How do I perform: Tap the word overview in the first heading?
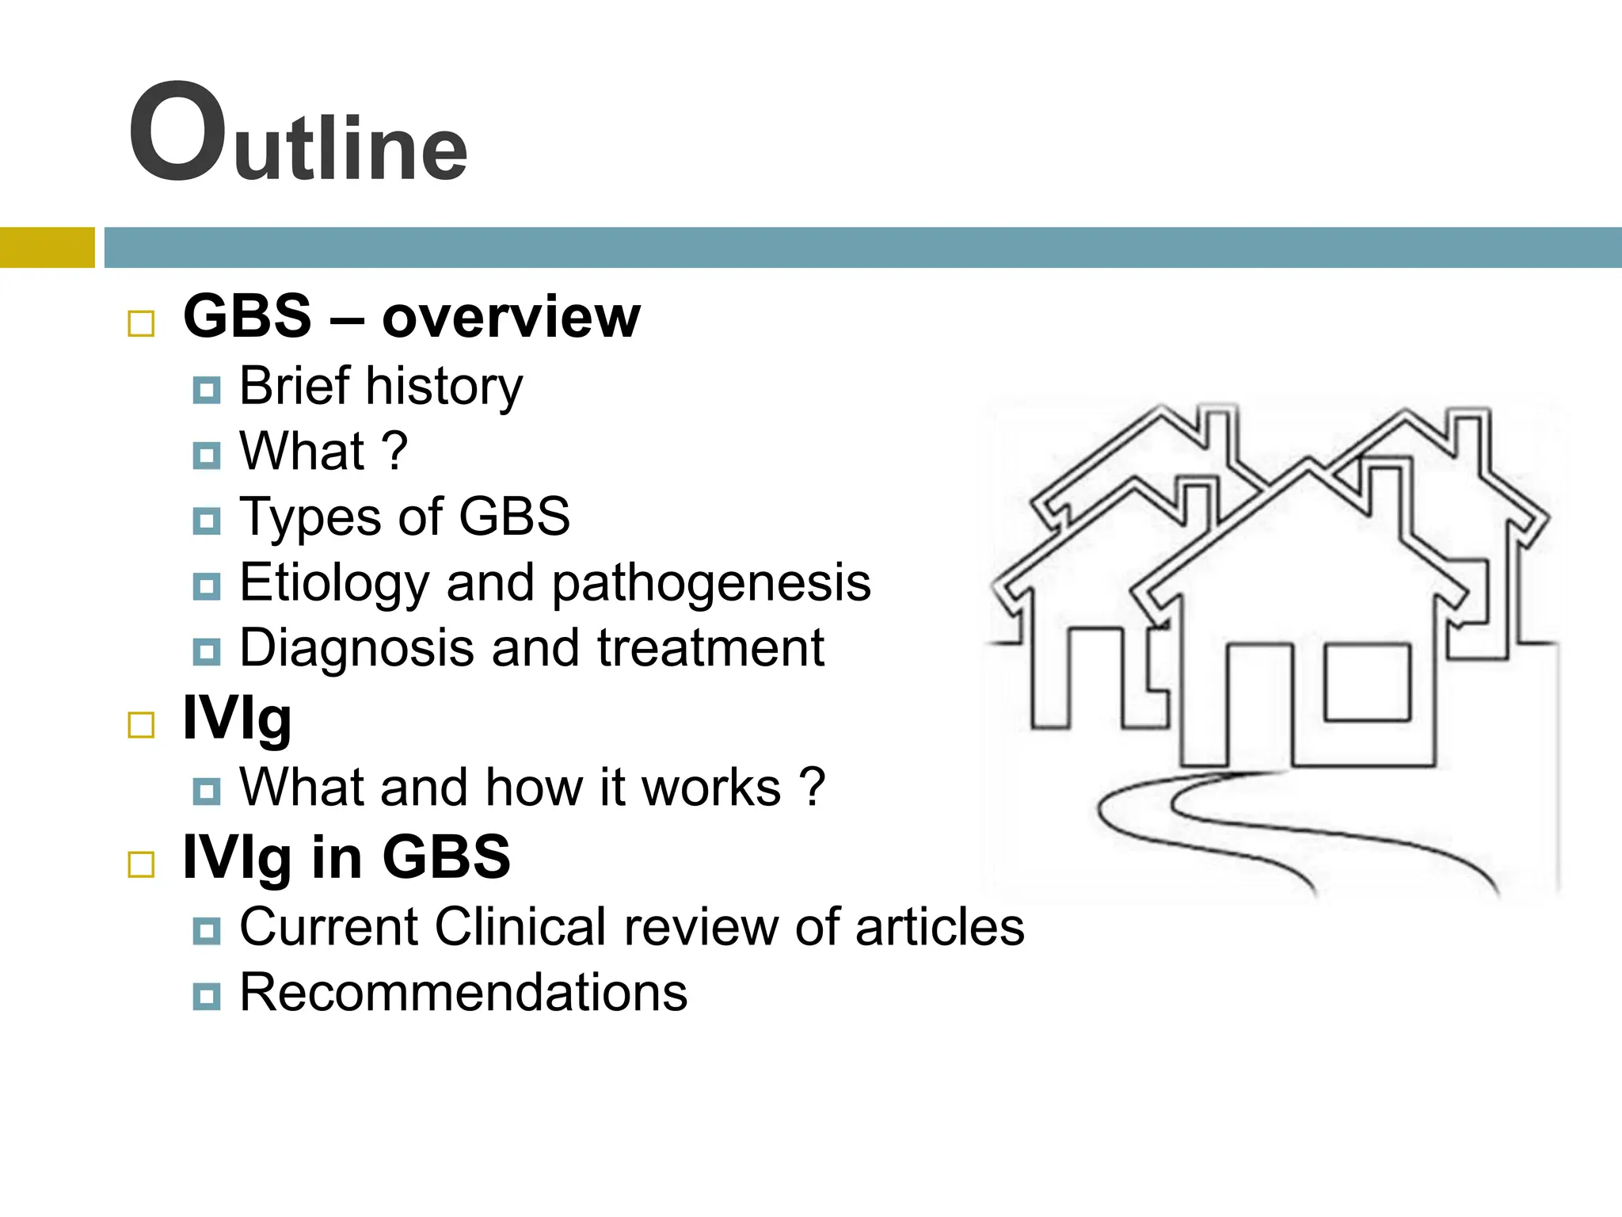[511, 317]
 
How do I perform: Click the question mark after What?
[394, 451]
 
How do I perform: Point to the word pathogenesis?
[710, 583]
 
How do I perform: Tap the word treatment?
[710, 649]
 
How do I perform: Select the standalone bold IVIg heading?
[237, 719]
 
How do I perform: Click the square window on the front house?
[1367, 682]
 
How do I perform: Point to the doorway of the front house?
[1259, 705]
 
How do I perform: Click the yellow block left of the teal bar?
[47, 247]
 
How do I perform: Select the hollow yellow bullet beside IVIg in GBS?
[141, 864]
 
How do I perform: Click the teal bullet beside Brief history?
[207, 390]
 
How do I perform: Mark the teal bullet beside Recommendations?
[207, 995]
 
